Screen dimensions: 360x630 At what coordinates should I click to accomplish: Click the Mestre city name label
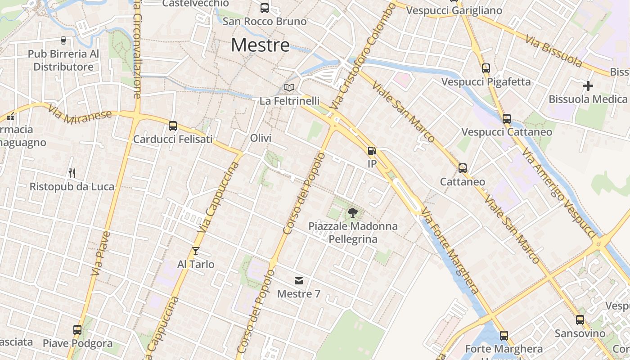coord(260,45)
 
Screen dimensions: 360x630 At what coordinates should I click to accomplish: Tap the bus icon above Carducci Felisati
coord(172,126)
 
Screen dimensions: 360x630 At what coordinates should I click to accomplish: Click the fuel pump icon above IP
coord(372,151)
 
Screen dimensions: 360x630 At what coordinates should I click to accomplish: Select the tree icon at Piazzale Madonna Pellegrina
coord(353,212)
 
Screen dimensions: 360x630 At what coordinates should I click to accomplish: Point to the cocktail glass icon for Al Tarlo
coord(195,251)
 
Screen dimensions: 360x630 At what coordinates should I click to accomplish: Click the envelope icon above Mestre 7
coord(298,281)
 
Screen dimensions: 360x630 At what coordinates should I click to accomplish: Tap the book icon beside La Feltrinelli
coord(289,87)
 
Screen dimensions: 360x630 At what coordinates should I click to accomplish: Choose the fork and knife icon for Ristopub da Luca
coord(72,173)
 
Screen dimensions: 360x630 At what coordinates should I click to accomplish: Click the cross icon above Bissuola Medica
coord(588,85)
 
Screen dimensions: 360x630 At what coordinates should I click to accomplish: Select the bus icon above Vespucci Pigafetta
coord(486,68)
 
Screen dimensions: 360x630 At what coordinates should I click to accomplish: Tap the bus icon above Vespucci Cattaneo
coord(507,119)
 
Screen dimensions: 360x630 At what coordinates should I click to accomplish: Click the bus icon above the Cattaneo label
coord(462,168)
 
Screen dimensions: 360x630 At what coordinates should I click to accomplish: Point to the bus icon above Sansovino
coord(580,320)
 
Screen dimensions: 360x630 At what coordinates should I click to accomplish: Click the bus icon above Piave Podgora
coord(77,330)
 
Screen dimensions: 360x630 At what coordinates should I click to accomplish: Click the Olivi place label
coord(261,138)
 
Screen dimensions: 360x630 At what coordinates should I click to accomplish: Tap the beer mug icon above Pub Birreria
coord(63,40)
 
